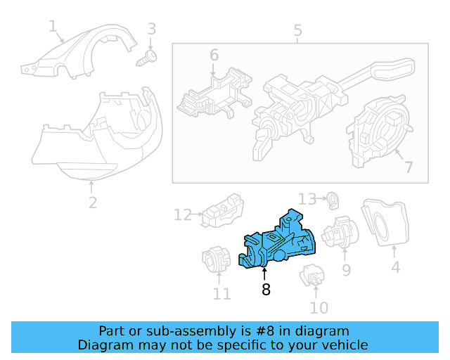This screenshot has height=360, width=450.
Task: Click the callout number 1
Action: (x=53, y=27)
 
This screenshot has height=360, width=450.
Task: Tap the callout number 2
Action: (x=92, y=203)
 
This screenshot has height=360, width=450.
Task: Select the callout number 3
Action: (x=151, y=30)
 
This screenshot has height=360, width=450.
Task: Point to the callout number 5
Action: (x=297, y=30)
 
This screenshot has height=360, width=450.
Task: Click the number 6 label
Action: (x=214, y=54)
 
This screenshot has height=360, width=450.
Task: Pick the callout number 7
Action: (x=408, y=167)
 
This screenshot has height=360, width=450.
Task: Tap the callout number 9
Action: (x=346, y=269)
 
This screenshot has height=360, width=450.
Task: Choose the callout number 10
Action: (x=319, y=307)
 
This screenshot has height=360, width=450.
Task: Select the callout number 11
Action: (x=221, y=294)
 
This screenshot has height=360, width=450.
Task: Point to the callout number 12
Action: (x=183, y=214)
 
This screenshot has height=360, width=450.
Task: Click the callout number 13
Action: (x=307, y=199)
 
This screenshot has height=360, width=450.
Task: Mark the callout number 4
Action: (x=396, y=267)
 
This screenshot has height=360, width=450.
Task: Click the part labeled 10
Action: (x=311, y=276)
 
